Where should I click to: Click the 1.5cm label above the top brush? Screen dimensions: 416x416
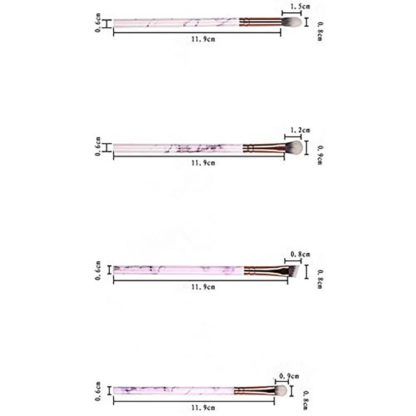tap(300, 6)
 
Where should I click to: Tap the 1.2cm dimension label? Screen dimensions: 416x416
tap(300, 130)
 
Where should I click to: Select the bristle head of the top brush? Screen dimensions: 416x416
tap(292, 22)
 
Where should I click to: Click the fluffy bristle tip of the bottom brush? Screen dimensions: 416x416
tap(281, 390)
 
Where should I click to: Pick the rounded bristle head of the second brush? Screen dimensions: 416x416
tap(294, 147)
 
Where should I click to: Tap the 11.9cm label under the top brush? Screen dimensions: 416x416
tap(203, 39)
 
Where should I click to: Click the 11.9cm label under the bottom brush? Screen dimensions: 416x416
tap(203, 407)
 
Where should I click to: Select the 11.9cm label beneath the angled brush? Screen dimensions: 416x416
tap(203, 287)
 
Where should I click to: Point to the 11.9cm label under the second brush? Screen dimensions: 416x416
tap(203, 163)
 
